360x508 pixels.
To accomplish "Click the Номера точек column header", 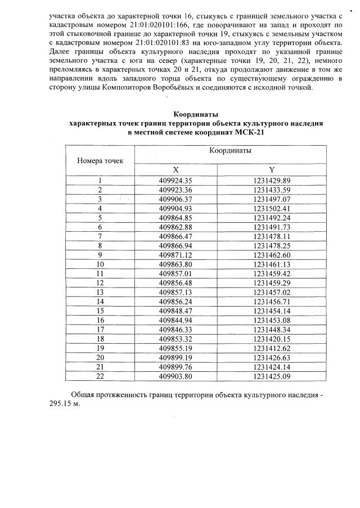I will click(100, 161).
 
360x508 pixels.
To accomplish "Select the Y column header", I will click(272, 170).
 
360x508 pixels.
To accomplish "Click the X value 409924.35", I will click(175, 181).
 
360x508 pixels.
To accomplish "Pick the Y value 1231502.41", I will click(272, 208).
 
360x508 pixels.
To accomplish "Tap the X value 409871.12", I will click(175, 254).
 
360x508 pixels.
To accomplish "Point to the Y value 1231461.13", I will click(272, 263).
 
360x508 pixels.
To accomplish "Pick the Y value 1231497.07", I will click(272, 199).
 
